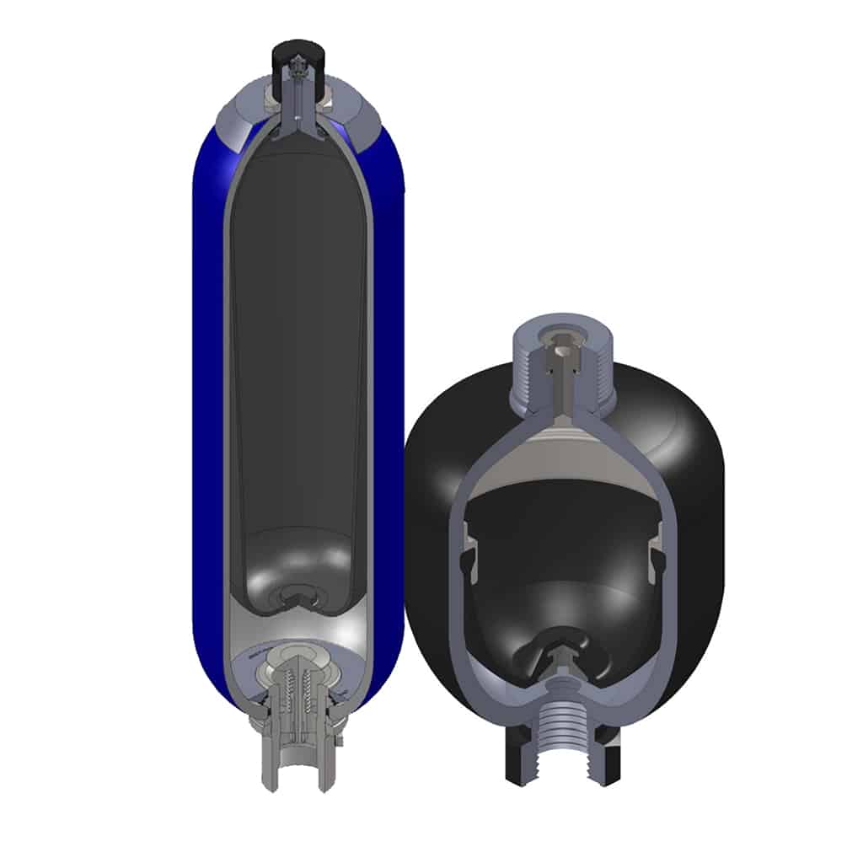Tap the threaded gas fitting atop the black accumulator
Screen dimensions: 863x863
pos(563,362)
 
